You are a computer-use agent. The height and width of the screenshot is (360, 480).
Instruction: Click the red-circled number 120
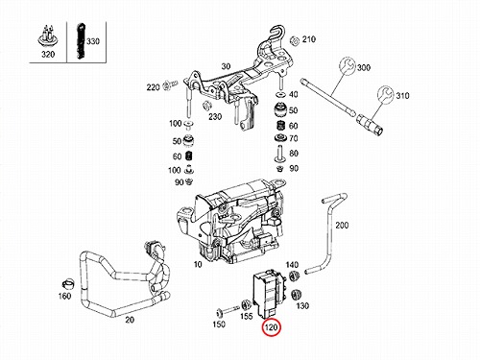[x=271, y=328]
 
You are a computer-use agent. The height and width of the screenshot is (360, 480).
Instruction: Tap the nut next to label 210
[x=294, y=41]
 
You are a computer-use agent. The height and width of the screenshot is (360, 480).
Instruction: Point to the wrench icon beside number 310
[x=385, y=94]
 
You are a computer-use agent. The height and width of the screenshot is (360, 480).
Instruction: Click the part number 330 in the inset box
[x=93, y=41]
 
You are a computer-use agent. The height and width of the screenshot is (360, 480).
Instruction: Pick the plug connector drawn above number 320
[x=48, y=36]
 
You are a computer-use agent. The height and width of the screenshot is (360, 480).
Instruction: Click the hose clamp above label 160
[x=68, y=283]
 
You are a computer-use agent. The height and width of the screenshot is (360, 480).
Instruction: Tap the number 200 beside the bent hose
[x=342, y=226]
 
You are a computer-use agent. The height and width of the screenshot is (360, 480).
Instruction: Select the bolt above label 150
[x=228, y=310]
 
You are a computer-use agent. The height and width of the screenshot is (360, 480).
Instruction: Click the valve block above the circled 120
[x=269, y=293]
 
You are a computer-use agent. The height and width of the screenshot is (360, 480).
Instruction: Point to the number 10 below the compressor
[x=198, y=265]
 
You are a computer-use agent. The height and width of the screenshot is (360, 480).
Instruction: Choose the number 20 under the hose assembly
[x=130, y=320]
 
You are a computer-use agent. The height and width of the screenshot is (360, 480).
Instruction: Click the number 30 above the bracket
[x=226, y=66]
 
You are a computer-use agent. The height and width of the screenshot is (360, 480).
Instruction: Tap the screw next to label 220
[x=170, y=85]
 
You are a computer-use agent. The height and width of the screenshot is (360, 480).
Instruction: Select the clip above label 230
[x=207, y=105]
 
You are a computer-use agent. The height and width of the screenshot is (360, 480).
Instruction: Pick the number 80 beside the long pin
[x=294, y=154]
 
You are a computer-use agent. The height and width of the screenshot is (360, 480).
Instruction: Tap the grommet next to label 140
[x=294, y=276]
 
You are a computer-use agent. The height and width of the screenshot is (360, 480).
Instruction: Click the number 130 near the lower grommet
[x=302, y=306]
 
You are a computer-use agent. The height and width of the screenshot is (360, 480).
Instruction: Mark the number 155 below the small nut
[x=247, y=317]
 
